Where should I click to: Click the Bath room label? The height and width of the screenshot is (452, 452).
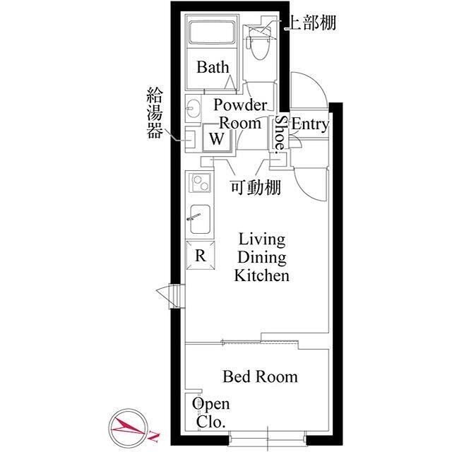(213, 68)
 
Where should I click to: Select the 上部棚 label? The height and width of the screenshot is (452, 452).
(309, 23)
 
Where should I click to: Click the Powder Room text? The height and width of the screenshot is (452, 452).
(240, 114)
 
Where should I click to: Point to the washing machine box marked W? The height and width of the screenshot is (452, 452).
(218, 138)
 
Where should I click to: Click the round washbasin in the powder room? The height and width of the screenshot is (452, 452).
(194, 109)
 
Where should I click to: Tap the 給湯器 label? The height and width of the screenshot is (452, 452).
(154, 112)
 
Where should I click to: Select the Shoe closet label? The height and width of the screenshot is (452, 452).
(280, 132)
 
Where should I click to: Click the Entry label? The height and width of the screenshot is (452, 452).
(310, 125)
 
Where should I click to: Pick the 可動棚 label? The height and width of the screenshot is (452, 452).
(256, 188)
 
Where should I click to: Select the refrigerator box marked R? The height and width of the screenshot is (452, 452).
(200, 256)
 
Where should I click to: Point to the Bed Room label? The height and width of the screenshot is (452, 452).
(260, 377)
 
